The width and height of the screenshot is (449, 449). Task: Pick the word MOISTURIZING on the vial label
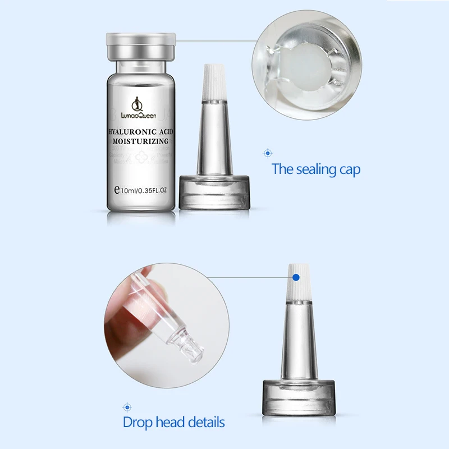(x=140, y=143)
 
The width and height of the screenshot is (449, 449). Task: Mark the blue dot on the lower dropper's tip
(x=295, y=276)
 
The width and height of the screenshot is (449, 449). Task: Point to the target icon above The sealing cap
(x=268, y=153)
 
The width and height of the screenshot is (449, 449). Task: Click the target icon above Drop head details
(x=126, y=406)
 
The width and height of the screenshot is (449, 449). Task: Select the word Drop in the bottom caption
(x=135, y=422)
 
